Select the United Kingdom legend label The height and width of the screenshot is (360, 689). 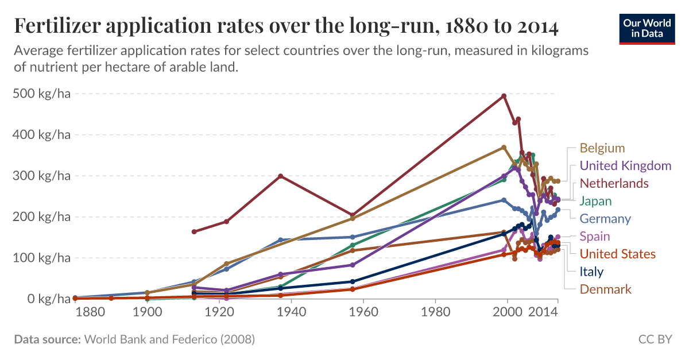[625, 166]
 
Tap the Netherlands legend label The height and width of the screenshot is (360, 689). [614, 183]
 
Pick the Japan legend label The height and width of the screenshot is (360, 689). [595, 201]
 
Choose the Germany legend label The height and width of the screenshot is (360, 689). [605, 219]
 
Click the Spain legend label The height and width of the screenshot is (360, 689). [595, 236]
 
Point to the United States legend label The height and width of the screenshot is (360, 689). [617, 254]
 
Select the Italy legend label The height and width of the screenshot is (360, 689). [591, 272]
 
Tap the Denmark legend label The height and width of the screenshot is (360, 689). [605, 289]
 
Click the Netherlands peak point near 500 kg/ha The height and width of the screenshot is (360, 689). [504, 95]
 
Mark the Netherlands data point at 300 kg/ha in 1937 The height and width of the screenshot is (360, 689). [280, 176]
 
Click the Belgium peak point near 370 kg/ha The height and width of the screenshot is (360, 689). [504, 147]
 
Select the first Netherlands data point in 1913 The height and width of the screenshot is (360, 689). [194, 231]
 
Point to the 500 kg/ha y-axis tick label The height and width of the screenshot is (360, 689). [41, 94]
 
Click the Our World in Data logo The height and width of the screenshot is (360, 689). [647, 27]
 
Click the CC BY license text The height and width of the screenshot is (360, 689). [655, 339]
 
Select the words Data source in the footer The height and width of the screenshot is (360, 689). [47, 339]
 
